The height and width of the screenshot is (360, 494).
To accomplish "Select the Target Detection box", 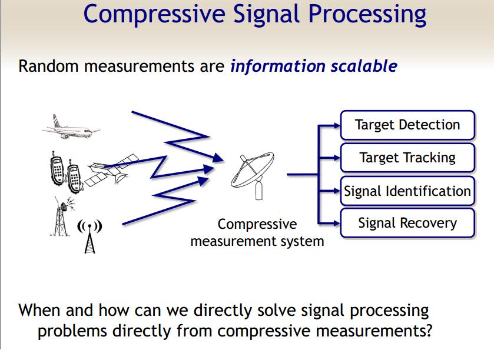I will (x=407, y=125).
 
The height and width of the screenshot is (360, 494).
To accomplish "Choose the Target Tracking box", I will (x=407, y=158).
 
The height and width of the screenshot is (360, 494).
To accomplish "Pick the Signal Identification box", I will (x=407, y=191).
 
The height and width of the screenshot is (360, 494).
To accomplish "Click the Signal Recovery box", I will (x=407, y=224).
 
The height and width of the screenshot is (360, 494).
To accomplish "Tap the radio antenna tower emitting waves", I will (x=89, y=235).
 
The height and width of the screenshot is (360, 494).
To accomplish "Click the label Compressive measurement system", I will (x=257, y=233).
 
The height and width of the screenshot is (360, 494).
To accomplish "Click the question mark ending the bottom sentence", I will (x=428, y=331).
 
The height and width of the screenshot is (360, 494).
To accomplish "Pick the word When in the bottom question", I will (x=40, y=310).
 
